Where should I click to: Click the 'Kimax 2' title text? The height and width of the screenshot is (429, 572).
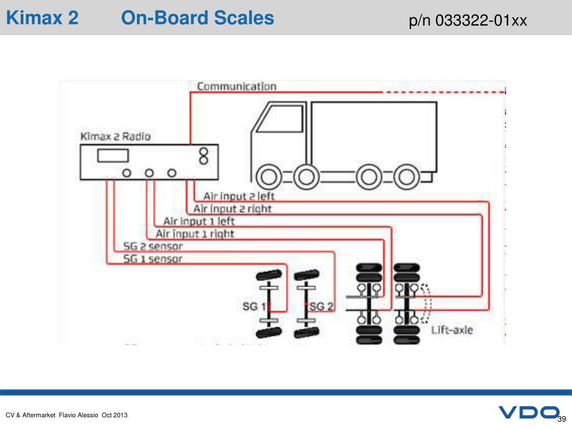(42, 18)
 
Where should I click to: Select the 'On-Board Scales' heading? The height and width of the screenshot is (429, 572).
(198, 18)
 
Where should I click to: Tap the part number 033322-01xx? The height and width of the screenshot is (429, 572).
(468, 21)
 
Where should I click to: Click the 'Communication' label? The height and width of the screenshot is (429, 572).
(237, 87)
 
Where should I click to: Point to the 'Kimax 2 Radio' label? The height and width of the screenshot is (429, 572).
(115, 136)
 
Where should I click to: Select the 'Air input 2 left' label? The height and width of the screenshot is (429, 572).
(239, 197)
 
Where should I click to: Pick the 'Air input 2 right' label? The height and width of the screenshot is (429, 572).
(232, 209)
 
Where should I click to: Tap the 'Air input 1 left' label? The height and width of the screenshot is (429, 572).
(199, 221)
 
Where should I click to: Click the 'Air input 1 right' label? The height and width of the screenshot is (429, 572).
(195, 233)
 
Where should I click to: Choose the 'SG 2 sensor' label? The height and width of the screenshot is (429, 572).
(153, 246)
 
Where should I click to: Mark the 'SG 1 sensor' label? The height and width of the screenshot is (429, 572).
(152, 259)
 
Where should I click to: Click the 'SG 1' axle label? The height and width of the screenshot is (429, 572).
(254, 306)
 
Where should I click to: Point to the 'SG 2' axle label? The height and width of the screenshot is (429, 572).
(322, 306)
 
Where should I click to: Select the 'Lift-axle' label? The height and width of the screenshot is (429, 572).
(452, 330)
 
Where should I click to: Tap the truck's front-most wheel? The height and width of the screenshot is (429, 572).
(269, 178)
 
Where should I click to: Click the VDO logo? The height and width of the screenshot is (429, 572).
(528, 413)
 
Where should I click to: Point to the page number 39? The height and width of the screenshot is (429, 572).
(562, 420)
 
